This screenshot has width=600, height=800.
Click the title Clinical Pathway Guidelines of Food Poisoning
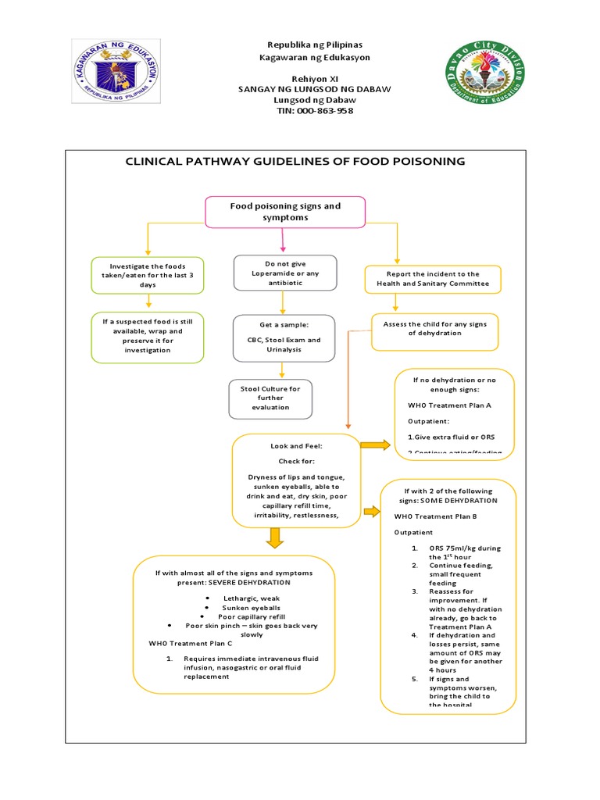click(295, 162)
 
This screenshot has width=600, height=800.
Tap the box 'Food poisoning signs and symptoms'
click(285, 212)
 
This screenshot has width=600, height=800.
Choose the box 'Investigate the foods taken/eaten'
click(148, 275)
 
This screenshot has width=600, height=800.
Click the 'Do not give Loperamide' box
click(285, 273)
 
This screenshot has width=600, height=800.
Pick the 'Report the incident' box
click(433, 279)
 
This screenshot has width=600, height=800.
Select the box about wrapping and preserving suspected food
click(148, 336)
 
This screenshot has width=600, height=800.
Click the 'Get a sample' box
click(284, 338)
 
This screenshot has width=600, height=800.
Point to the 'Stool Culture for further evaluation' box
click(270, 398)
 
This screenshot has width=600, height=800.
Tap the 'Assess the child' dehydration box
click(435, 328)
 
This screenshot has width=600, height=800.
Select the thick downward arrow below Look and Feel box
click(274, 538)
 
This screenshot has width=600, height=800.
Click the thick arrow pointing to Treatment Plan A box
click(375, 445)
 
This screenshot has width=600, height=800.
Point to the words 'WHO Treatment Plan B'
click(432, 516)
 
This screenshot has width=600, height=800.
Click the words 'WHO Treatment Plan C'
click(191, 643)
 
